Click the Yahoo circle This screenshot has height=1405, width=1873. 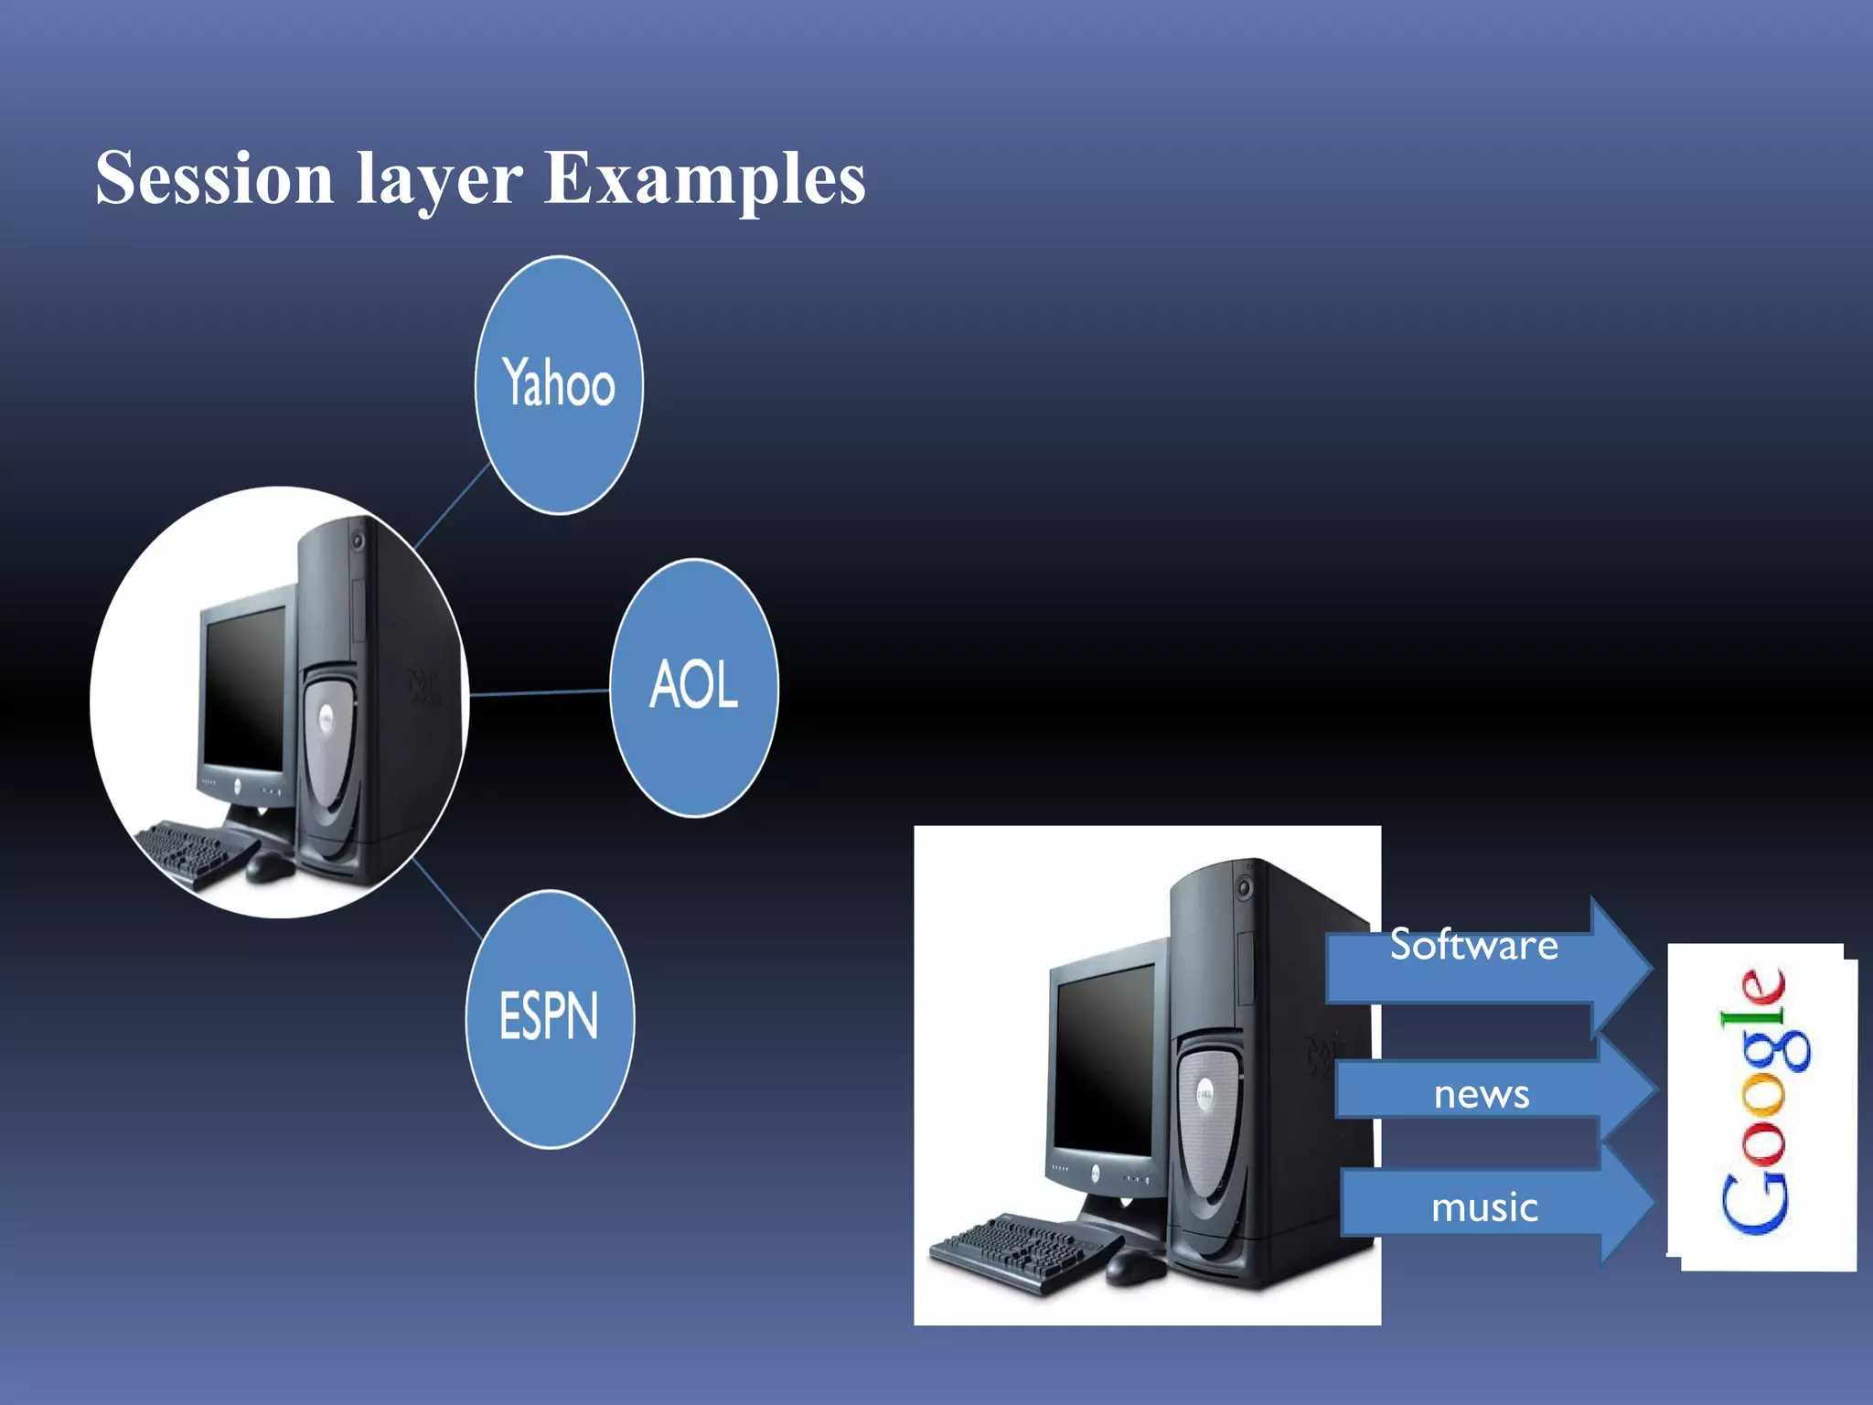tap(559, 384)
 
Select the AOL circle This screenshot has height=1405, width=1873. tap(694, 687)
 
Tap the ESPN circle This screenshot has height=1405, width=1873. tap(550, 1018)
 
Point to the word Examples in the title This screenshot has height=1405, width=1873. tap(704, 179)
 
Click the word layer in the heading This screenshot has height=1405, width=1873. tap(439, 181)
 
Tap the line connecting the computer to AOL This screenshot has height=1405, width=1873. tap(540, 692)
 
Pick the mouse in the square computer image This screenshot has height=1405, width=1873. tap(1135, 1266)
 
